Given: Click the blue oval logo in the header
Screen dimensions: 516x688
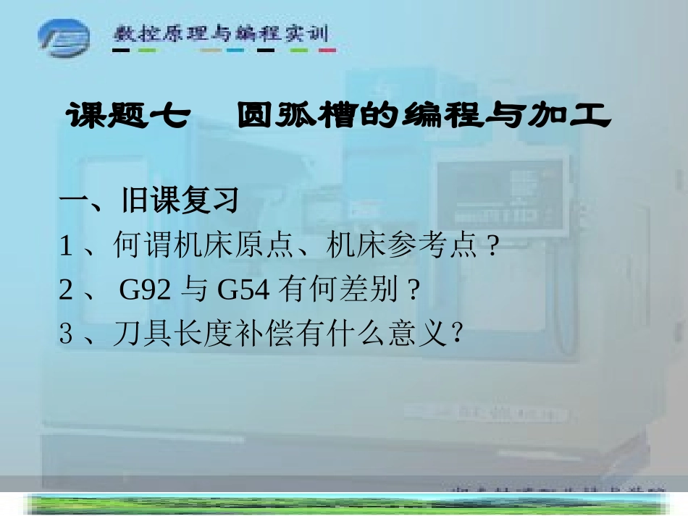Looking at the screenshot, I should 64,35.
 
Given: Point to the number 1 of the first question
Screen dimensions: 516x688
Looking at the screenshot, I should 67,248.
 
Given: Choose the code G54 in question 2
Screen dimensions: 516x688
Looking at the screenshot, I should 243,291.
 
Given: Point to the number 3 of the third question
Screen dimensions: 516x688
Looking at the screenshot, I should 67,335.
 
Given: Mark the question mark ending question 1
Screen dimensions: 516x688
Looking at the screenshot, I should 493,248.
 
